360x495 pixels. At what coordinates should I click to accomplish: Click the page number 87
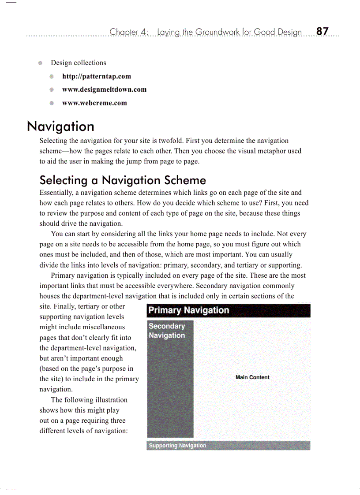point(322,31)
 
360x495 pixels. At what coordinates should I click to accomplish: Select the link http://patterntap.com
point(97,76)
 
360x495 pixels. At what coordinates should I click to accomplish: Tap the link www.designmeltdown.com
point(104,89)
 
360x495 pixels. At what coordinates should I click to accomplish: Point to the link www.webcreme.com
point(94,103)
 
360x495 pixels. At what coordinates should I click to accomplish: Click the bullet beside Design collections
point(40,63)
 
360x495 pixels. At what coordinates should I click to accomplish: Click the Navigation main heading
point(60,127)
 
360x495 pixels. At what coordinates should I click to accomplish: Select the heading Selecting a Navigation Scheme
point(123,180)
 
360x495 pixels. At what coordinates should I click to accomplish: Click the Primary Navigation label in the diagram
point(188,310)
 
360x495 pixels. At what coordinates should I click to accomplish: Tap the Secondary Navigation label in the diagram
point(167,331)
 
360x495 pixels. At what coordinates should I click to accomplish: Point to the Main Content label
point(252,377)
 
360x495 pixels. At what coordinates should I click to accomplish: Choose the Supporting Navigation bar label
point(177,446)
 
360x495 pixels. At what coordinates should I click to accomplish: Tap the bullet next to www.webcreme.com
point(52,103)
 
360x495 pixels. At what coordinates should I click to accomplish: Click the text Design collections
point(78,63)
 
